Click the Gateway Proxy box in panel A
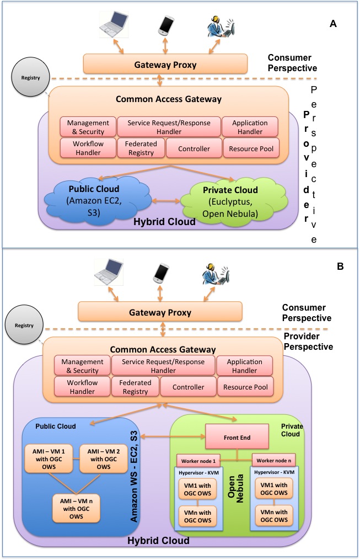[x=165, y=64]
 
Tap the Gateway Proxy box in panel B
[x=160, y=312]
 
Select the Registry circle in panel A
[x=30, y=77]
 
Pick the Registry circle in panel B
[x=24, y=326]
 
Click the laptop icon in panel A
[x=114, y=24]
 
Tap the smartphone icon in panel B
[x=160, y=274]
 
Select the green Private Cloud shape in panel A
[x=233, y=202]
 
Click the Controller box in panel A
[x=194, y=148]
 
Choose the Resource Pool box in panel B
[x=245, y=387]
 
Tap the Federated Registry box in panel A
[x=141, y=148]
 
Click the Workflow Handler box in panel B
[x=82, y=387]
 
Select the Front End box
[x=237, y=436]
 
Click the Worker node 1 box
[x=198, y=461]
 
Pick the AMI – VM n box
[x=76, y=508]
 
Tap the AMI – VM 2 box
[x=104, y=458]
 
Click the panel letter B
[x=340, y=266]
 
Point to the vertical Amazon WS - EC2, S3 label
[x=133, y=476]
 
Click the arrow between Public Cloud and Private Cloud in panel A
[x=166, y=201]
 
